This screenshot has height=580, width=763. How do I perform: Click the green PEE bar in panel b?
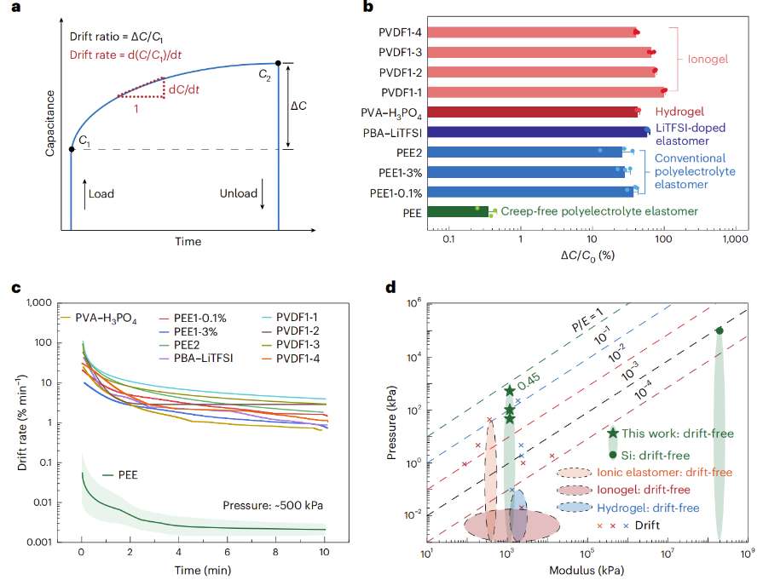(x=458, y=211)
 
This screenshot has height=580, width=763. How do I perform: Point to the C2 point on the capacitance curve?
(x=278, y=63)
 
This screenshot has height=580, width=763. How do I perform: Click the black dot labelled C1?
(x=71, y=150)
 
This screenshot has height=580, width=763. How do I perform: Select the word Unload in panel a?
(x=238, y=193)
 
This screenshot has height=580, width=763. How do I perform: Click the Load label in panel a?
(x=101, y=193)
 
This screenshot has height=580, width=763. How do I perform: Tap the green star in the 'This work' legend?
(x=613, y=434)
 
